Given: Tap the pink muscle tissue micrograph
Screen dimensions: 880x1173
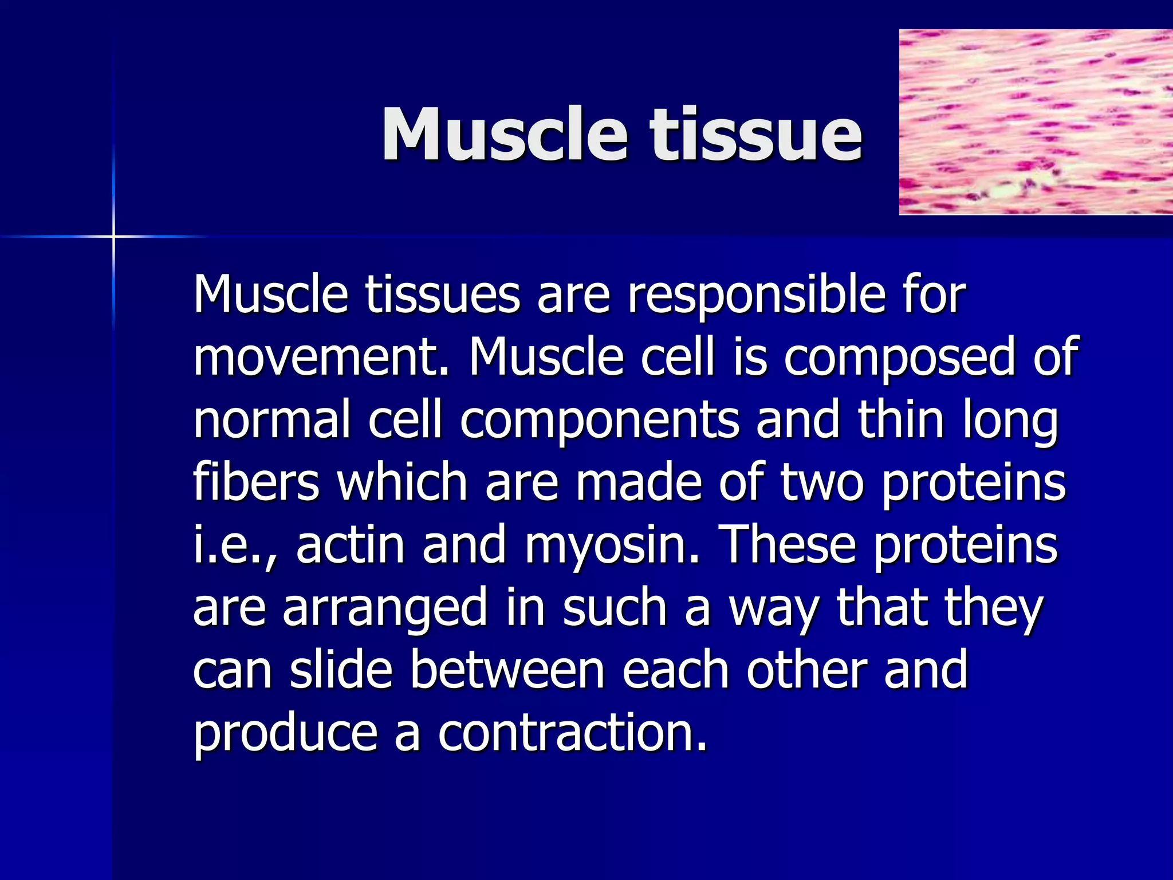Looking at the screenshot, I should (x=1036, y=122).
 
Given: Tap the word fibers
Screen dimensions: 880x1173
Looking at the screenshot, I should (x=255, y=482).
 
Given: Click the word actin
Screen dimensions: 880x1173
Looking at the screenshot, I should (x=350, y=545).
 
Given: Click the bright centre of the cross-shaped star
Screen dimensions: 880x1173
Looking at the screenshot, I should (x=113, y=236).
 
